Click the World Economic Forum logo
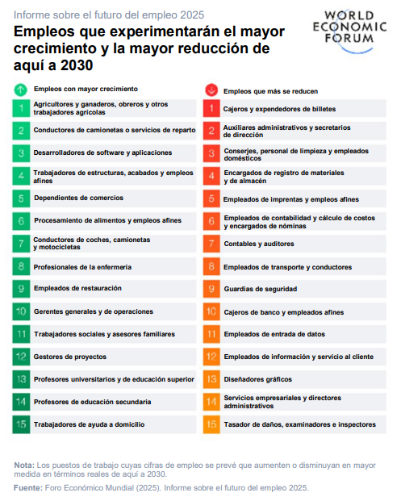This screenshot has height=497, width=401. (349, 31)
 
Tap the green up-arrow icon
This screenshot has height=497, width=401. (21, 90)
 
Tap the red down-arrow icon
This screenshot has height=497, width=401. (211, 90)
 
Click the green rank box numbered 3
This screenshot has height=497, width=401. (21, 153)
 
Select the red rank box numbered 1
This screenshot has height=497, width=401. (211, 108)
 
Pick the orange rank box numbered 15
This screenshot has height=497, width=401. (211, 424)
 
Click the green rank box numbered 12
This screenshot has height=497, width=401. (21, 357)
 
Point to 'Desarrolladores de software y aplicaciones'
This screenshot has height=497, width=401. (102, 152)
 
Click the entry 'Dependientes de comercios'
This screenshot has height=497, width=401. (78, 198)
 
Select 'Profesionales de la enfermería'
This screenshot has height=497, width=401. (82, 267)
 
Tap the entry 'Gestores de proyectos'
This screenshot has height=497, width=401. (70, 357)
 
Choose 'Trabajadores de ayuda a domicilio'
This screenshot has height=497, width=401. (89, 424)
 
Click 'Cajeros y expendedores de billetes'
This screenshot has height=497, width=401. (279, 109)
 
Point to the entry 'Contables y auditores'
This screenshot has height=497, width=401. (259, 244)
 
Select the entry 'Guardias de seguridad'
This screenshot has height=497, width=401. (261, 289)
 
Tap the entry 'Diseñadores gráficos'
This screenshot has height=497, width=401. (258, 379)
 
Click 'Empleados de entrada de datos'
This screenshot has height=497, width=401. (274, 334)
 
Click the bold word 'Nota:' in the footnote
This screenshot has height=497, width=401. (24, 466)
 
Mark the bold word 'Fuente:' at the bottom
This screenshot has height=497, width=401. (28, 488)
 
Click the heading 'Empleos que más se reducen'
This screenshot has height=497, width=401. (270, 91)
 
